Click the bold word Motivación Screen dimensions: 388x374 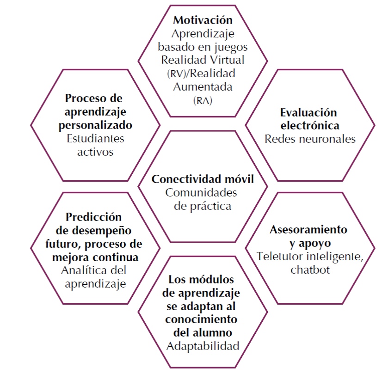203,20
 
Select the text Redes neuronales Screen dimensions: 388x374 310,139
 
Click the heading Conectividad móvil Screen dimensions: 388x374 203,179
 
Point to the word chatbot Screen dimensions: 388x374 310,270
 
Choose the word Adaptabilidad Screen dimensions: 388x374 203,346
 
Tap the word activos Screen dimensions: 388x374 96,152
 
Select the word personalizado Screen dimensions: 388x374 95,125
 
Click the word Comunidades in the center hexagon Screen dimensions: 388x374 203,193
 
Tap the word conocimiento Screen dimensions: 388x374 203,319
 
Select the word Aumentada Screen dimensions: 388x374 203,87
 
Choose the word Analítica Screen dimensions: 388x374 82,270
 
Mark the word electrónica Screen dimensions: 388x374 310,125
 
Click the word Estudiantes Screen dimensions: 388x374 96,138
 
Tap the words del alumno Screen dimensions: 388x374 203,332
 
